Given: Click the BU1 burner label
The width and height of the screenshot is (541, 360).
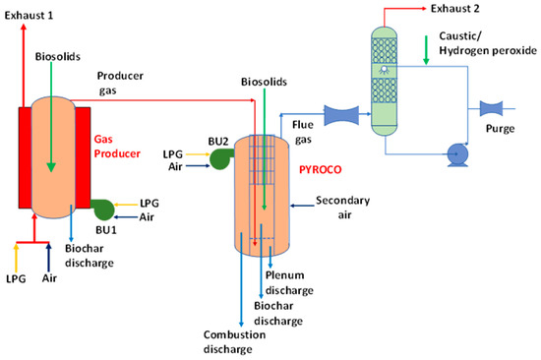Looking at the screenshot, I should (104, 229).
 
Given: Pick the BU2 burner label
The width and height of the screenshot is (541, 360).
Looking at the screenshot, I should (217, 141).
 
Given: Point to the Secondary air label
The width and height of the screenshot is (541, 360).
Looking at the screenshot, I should (343, 208).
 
